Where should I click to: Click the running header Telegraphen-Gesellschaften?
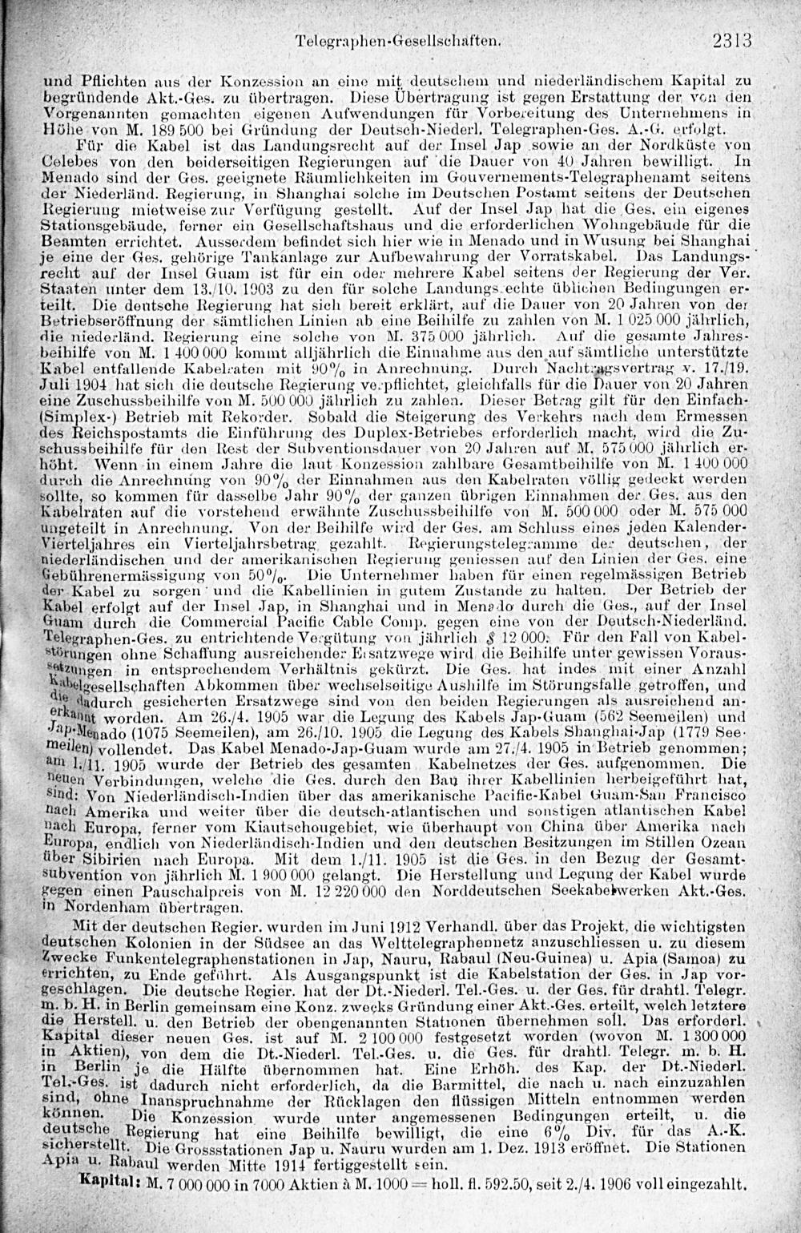click(x=409, y=38)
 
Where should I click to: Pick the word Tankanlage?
click(x=250, y=256)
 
